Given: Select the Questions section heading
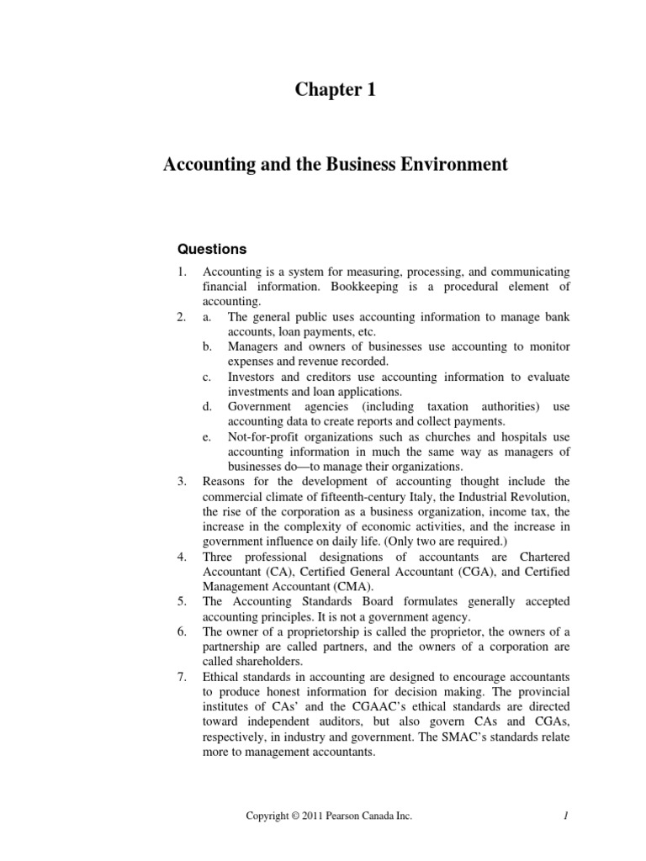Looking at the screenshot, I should pos(210,249).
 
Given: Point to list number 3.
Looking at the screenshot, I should pos(181,481).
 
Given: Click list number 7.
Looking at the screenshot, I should pos(181,677).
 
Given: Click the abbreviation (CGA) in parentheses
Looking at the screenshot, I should pos(474,572).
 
